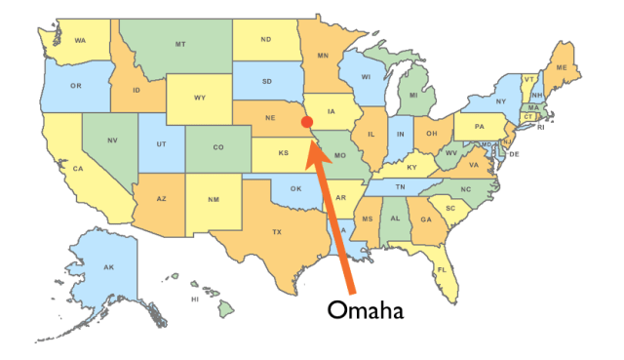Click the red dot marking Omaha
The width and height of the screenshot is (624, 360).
307,122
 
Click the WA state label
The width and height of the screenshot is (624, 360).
79,40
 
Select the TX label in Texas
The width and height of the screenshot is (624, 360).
277,232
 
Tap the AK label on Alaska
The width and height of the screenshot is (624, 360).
109,267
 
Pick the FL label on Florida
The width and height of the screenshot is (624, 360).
442,269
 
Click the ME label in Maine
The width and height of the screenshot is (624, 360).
561,66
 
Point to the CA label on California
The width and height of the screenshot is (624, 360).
77,168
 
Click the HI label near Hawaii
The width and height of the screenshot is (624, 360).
195,299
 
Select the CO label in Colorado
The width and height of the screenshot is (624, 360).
218,148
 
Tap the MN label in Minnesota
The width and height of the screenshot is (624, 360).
322,57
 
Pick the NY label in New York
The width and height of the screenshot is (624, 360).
500,101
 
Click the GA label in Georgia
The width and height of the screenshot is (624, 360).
426,220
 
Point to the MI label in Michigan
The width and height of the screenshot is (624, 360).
414,96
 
